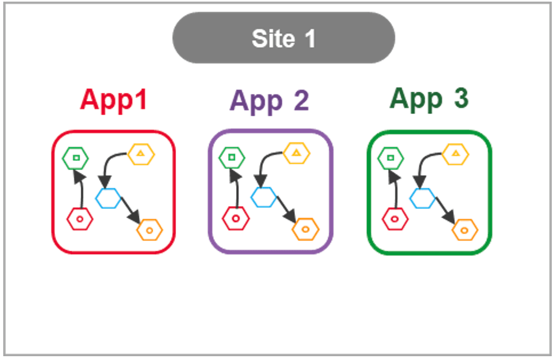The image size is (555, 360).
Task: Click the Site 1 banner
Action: click(x=283, y=38)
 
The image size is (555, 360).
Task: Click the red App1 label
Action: click(x=113, y=100)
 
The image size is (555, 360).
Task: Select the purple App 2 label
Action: click(x=269, y=101)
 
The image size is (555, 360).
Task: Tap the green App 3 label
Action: click(x=429, y=99)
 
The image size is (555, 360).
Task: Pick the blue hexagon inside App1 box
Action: click(x=108, y=197)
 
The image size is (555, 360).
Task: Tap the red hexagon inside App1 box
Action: click(x=80, y=219)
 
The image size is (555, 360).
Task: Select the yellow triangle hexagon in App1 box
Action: click(x=141, y=154)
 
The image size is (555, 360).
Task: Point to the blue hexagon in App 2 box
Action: click(x=264, y=197)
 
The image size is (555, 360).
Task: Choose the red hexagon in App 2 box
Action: click(x=236, y=219)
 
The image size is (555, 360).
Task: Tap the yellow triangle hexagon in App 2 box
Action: click(x=297, y=153)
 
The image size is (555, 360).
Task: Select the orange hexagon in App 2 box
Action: click(x=306, y=229)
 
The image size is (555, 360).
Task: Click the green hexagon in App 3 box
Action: click(x=390, y=158)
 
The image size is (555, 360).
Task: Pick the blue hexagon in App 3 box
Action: click(x=423, y=198)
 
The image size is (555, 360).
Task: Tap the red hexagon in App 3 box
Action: click(x=394, y=219)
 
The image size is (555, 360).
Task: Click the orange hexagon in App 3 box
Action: click(x=464, y=230)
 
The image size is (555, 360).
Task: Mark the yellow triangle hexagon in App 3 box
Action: click(x=455, y=154)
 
